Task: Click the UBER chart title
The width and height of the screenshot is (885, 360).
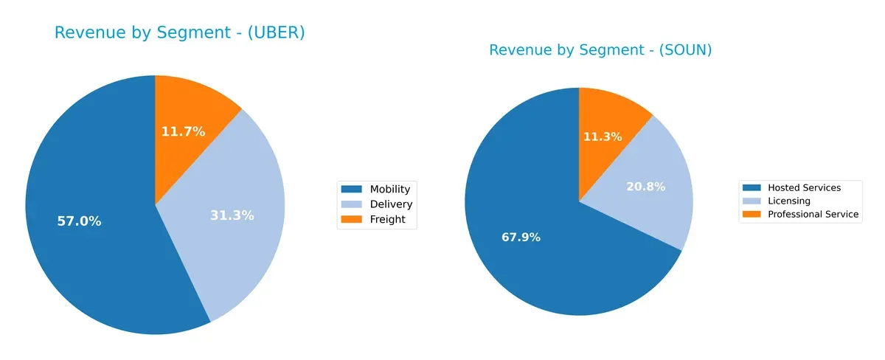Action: (x=179, y=33)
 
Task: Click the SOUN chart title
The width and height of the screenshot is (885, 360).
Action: (x=600, y=50)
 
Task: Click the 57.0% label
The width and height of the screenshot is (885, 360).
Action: (x=79, y=221)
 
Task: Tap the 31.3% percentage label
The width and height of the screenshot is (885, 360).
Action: (x=232, y=215)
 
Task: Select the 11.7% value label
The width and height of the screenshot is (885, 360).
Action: (x=183, y=132)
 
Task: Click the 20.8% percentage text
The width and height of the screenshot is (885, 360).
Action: (x=645, y=187)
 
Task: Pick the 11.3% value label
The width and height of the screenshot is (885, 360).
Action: (x=602, y=137)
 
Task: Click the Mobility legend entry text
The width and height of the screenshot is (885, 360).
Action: (x=389, y=190)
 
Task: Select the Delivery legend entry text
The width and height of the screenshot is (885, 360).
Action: (x=391, y=204)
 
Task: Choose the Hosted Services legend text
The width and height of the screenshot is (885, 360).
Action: (x=804, y=188)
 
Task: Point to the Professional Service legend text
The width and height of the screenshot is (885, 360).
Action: (x=813, y=214)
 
